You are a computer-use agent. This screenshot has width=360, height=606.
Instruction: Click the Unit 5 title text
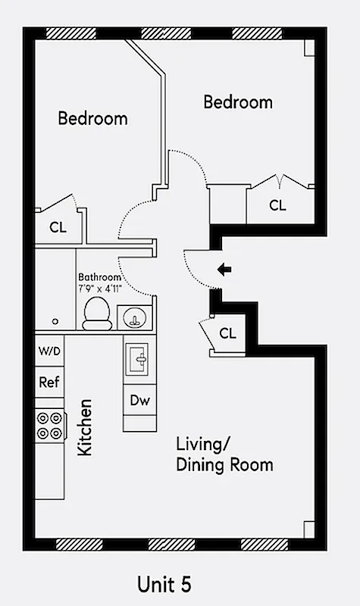pyautogui.click(x=164, y=584)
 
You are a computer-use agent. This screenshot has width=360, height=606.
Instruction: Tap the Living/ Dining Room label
pyautogui.click(x=224, y=454)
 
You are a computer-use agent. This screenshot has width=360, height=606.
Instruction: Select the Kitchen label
pyautogui.click(x=85, y=427)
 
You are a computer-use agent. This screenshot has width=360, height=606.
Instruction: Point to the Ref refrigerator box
pyautogui.click(x=49, y=383)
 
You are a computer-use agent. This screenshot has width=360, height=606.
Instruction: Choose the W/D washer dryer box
pyautogui.click(x=49, y=351)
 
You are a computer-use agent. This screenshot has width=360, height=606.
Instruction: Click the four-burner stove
pyautogui.click(x=49, y=425)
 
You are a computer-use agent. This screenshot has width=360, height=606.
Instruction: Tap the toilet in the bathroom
pyautogui.click(x=96, y=313)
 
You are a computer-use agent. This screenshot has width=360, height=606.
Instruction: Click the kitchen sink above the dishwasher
pyautogui.click(x=139, y=358)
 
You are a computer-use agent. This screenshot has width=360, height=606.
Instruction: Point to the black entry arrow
pyautogui.click(x=224, y=269)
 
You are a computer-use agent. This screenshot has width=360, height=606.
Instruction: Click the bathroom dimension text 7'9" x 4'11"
pyautogui.click(x=100, y=289)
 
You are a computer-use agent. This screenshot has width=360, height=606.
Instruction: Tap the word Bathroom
pyautogui.click(x=99, y=278)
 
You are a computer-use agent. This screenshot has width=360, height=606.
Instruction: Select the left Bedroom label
pyautogui.click(x=92, y=119)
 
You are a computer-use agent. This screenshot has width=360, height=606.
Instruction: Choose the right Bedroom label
pyautogui.click(x=238, y=102)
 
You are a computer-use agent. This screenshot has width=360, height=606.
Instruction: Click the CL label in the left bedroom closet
pyautogui.click(x=58, y=226)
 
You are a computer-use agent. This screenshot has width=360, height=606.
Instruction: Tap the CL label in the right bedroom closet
pyautogui.click(x=278, y=205)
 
